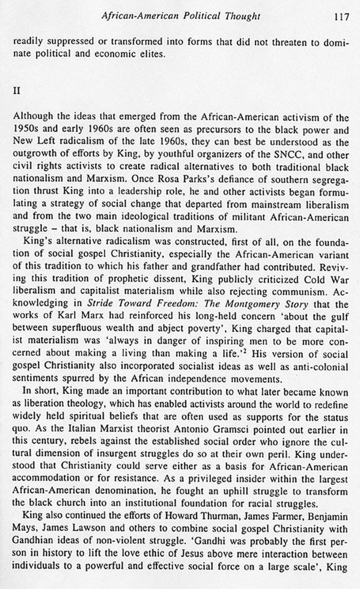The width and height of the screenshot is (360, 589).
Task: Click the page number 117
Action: coord(341,16)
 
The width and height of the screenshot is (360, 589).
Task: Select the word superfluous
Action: coord(78,328)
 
